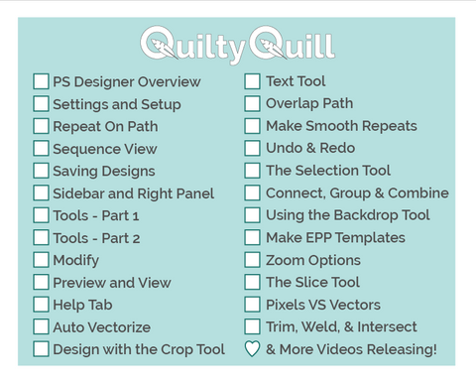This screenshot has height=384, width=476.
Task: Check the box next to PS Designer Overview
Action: point(41,81)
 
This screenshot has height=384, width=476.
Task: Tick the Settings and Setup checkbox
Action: point(41,103)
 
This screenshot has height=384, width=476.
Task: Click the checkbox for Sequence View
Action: point(41,149)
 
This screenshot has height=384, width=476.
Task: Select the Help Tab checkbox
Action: point(41,305)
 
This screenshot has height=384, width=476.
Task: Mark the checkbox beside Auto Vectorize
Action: point(41,326)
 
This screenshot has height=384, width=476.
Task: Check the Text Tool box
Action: point(253,81)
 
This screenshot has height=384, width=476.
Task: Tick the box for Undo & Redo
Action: point(253,148)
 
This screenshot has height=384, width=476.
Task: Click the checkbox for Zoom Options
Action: point(253,260)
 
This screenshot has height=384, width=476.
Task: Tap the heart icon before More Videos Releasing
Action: point(253,349)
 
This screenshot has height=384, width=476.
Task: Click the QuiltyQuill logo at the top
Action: point(237,45)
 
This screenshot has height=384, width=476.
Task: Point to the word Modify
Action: point(75,260)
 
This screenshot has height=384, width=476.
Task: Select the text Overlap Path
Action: point(308,103)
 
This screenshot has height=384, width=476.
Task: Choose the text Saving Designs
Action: point(103,171)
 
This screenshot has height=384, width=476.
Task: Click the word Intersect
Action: point(384,326)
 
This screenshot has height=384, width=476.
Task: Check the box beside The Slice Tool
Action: point(253,283)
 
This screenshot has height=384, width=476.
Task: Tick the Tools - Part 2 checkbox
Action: point(41,238)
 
